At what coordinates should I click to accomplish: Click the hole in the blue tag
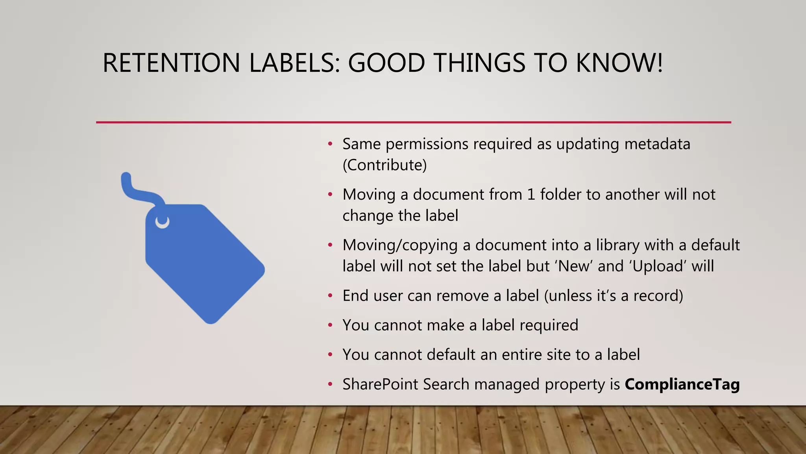point(162,221)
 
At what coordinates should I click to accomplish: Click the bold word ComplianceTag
point(682,384)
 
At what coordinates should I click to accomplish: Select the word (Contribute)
point(385,165)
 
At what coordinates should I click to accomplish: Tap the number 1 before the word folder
point(531,195)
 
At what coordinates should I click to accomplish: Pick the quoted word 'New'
point(574,266)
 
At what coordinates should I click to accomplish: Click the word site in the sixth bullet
point(558,355)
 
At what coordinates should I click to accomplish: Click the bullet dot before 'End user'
point(330,296)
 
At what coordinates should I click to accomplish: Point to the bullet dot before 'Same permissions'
point(330,144)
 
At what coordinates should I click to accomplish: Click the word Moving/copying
point(400,246)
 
